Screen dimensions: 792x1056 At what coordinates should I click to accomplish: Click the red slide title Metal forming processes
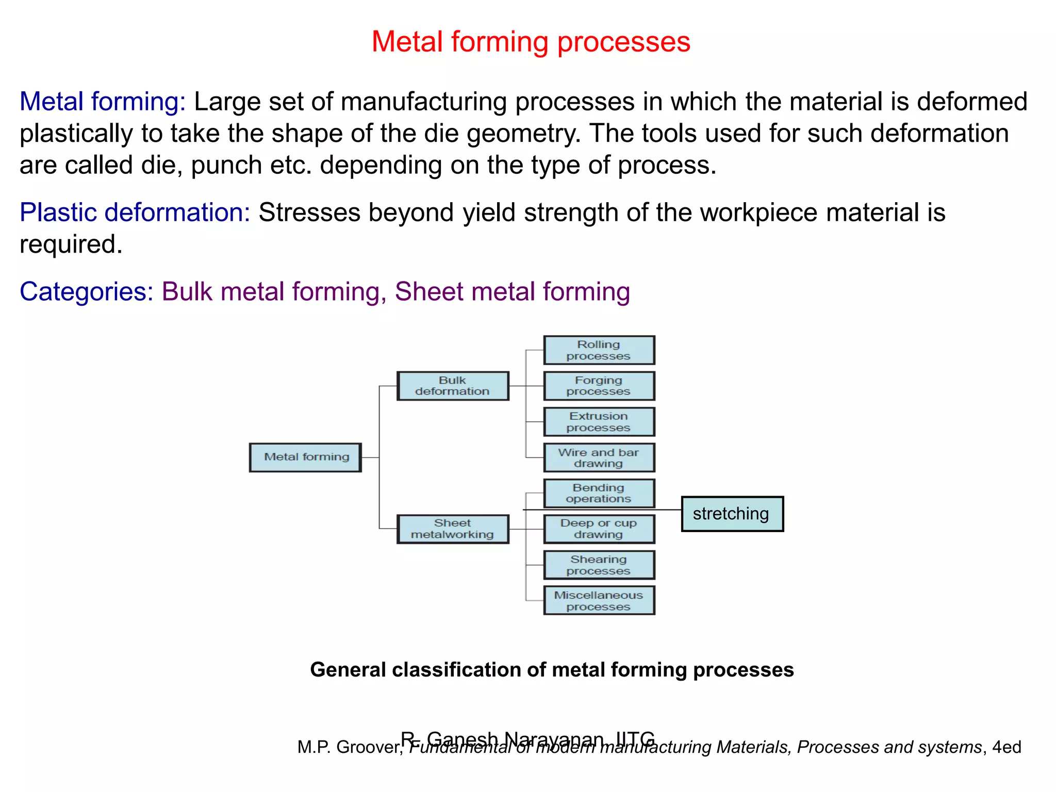[531, 42]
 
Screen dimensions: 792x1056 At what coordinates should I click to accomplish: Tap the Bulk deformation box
[453, 386]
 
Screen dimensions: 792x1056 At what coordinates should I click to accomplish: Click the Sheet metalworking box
[453, 529]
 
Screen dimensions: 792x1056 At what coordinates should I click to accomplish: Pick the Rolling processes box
[599, 350]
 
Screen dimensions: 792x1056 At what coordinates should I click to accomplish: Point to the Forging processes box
[599, 386]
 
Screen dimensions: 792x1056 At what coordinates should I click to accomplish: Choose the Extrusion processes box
[599, 422]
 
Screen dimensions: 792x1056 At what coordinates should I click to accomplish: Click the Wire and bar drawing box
[599, 458]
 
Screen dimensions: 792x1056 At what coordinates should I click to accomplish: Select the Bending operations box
[599, 493]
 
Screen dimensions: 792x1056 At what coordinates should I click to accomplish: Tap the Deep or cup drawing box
[599, 529]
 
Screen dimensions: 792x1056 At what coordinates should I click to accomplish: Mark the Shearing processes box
[599, 565]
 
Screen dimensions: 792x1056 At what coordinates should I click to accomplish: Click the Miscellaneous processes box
[599, 601]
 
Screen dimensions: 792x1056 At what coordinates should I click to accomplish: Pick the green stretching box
[732, 514]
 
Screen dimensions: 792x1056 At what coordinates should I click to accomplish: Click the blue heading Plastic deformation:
[135, 212]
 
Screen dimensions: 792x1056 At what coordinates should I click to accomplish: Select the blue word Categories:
[87, 292]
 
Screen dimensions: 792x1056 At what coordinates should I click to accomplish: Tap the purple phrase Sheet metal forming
[512, 292]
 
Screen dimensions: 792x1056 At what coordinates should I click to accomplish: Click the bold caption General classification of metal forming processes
[552, 670]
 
